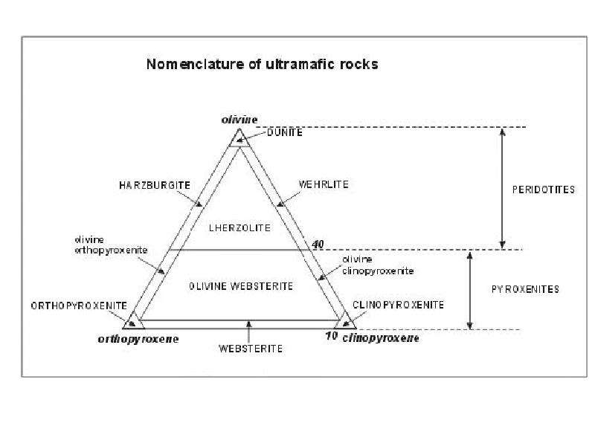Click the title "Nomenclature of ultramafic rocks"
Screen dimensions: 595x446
pyautogui.click(x=263, y=64)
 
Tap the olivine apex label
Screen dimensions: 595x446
pyautogui.click(x=239, y=120)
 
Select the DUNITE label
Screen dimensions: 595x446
pyautogui.click(x=285, y=132)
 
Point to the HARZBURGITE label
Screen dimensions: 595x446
pyautogui.click(x=155, y=185)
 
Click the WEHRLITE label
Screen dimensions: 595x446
pyautogui.click(x=324, y=184)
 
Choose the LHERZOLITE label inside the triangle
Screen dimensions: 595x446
pyautogui.click(x=239, y=228)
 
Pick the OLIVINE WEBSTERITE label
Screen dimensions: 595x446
pyautogui.click(x=241, y=286)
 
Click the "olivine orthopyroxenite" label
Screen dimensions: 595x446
pyautogui.click(x=111, y=245)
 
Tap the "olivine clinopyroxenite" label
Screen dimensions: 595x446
pyautogui.click(x=378, y=265)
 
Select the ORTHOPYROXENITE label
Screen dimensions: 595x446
pyautogui.click(x=79, y=306)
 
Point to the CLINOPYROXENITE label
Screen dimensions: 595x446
pyautogui.click(x=398, y=305)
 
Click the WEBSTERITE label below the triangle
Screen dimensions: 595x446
pyautogui.click(x=251, y=349)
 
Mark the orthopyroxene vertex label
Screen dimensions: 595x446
pyautogui.click(x=138, y=339)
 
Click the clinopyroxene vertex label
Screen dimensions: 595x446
pyautogui.click(x=381, y=338)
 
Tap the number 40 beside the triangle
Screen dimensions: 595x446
pyautogui.click(x=318, y=245)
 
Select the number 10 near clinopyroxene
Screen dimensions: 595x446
pyautogui.click(x=331, y=336)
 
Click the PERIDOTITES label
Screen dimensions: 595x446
pyautogui.click(x=544, y=190)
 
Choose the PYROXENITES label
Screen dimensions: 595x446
pyautogui.click(x=525, y=289)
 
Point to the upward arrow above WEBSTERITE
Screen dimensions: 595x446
pyautogui.click(x=248, y=332)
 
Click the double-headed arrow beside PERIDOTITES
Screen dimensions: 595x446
pyautogui.click(x=503, y=189)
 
